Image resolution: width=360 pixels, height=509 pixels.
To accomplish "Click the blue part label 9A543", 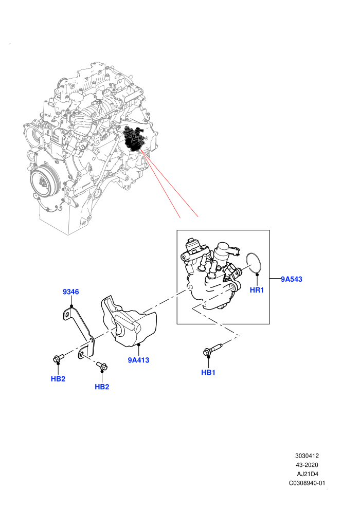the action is (x=291, y=279).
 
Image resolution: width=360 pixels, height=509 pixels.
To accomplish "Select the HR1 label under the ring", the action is (x=257, y=290).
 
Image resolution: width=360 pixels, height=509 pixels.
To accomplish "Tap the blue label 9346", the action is (x=71, y=292).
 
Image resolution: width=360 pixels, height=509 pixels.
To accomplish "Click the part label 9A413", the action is (x=138, y=360).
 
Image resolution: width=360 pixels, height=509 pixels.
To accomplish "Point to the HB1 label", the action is (x=208, y=372).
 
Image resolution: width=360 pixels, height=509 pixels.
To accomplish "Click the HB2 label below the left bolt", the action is (x=58, y=379).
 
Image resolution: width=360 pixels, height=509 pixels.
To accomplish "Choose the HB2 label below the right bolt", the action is (x=102, y=387).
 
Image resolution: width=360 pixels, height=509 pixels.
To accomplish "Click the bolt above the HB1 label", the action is (x=212, y=349).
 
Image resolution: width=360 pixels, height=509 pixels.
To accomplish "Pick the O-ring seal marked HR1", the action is (x=253, y=263).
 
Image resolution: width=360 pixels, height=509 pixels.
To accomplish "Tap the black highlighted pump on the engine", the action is (x=135, y=139).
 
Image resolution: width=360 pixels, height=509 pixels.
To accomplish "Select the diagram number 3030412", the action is (x=307, y=456).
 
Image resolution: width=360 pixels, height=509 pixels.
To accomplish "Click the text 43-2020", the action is (x=307, y=465).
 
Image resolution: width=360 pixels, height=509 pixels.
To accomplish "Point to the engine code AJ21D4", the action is (x=308, y=474).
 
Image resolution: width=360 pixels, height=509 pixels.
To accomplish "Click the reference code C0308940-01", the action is (x=307, y=483).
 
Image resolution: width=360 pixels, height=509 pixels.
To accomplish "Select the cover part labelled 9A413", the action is (x=130, y=321).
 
